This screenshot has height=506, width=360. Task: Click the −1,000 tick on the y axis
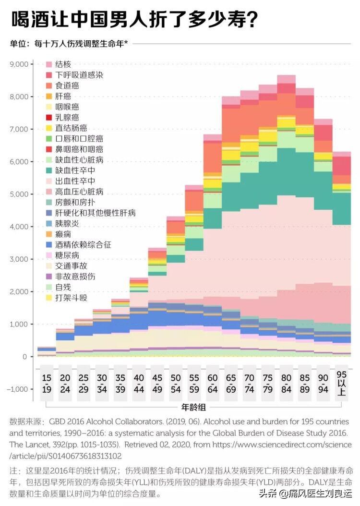pos(19,389)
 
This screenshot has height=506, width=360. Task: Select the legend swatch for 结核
pos(48,64)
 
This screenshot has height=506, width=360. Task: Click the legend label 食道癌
pos(67,85)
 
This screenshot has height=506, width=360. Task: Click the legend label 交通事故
pos(72,265)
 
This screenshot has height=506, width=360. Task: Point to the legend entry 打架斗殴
pos(72,298)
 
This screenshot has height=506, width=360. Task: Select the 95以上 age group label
pos(342,384)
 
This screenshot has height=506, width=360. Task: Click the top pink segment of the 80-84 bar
pos(287,79)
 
